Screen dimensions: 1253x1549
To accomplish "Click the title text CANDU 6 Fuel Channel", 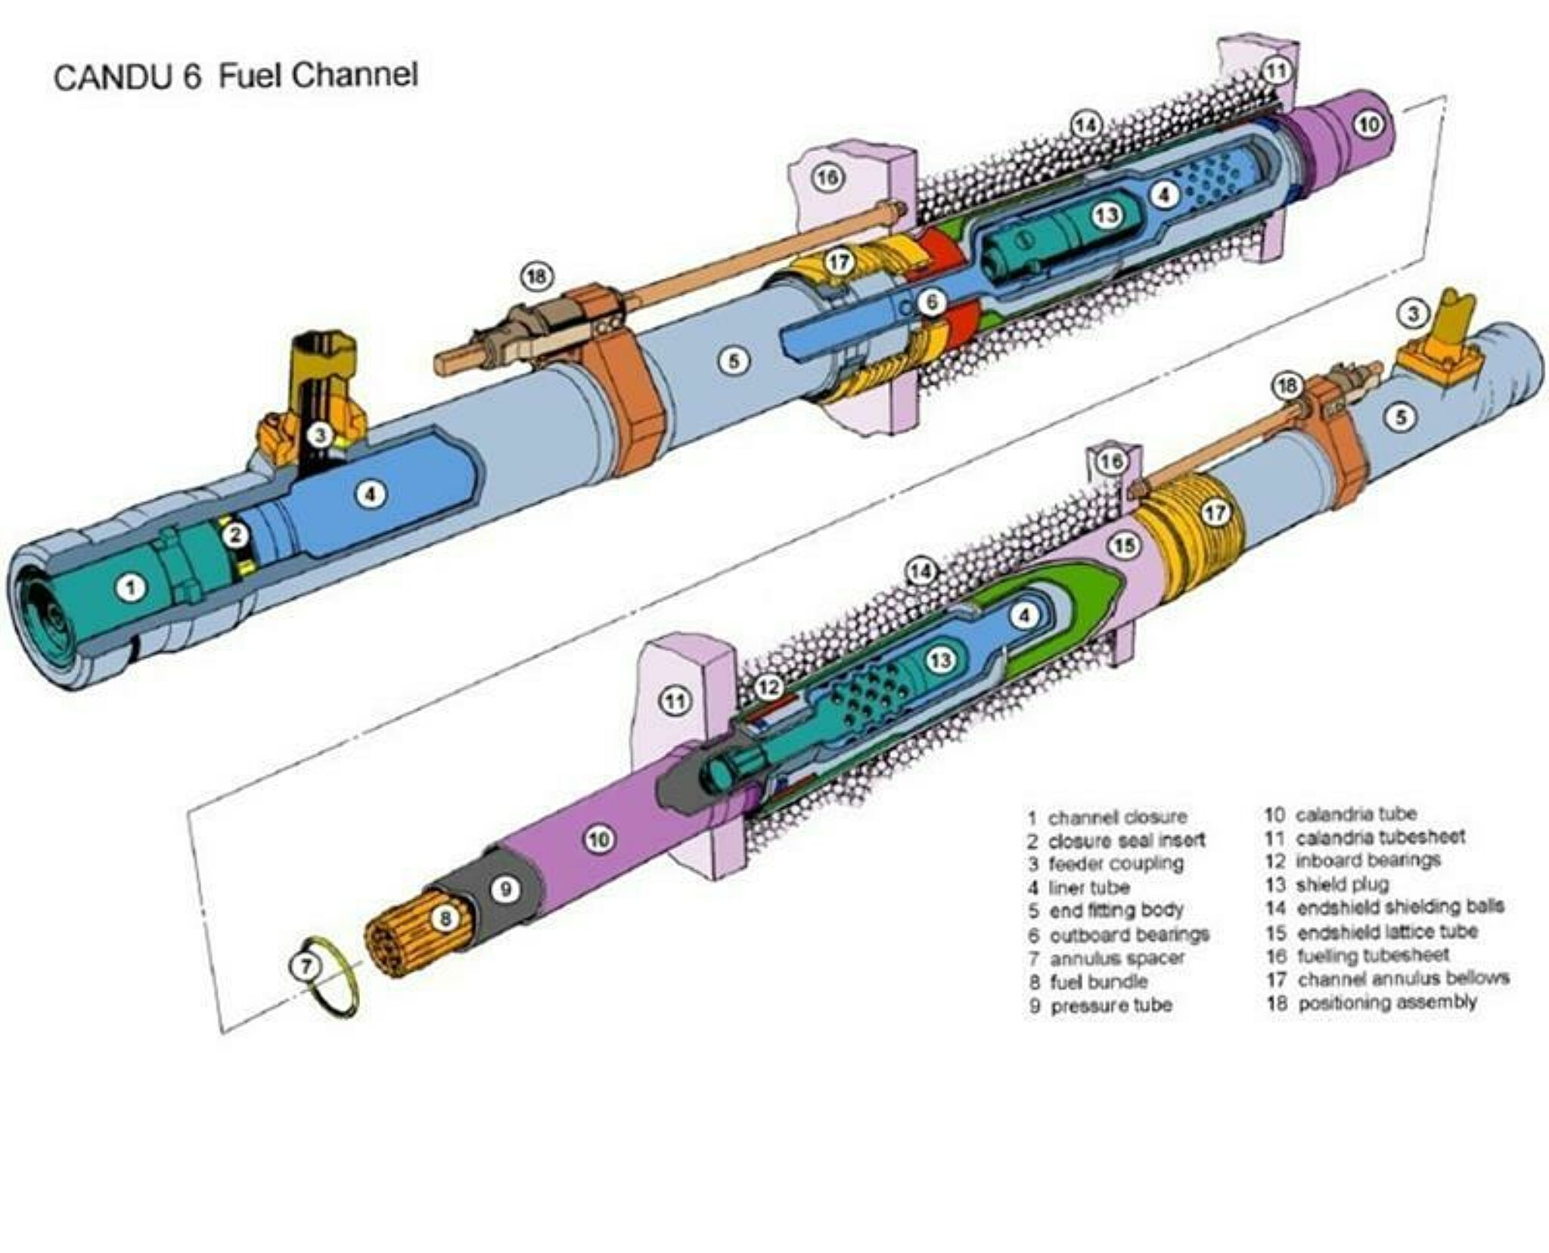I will coord(235,76).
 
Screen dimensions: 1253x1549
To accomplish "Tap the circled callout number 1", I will coord(132,587).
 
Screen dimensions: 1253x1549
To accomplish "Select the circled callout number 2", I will coord(236,535).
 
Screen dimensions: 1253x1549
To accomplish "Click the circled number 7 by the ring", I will coord(306,966).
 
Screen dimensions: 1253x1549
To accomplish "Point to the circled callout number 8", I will coord(445,919).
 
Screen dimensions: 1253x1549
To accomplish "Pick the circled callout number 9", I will coord(505,889).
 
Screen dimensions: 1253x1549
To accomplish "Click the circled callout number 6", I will coord(932,302).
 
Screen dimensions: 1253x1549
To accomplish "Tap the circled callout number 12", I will coord(769,687).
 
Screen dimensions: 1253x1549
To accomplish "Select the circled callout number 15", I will coord(1125,545).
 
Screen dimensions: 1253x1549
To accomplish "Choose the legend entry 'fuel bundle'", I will coord(1097,982).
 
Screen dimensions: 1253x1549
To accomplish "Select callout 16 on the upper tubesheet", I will coord(827,178).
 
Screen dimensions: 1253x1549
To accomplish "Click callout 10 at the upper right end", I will coord(1369,123).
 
